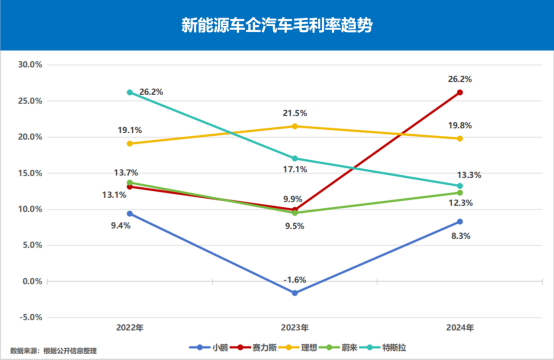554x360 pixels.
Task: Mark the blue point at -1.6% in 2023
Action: pyautogui.click(x=294, y=293)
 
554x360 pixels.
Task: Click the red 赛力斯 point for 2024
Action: pyautogui.click(x=459, y=92)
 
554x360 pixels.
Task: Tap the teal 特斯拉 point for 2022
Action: pyautogui.click(x=130, y=92)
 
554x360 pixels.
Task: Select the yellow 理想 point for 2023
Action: pyautogui.click(x=294, y=126)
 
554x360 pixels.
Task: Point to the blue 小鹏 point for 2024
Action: pyautogui.click(x=459, y=221)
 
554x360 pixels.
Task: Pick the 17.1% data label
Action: pyautogui.click(x=294, y=171)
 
